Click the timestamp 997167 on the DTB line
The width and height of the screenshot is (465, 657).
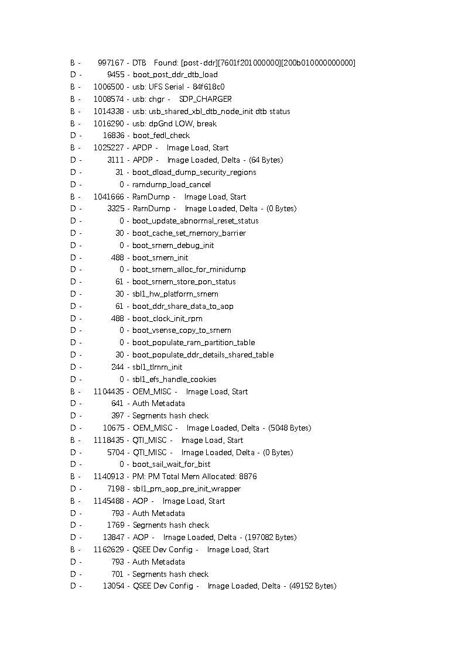pyautogui.click(x=111, y=63)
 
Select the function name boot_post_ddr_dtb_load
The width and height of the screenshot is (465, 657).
pyautogui.click(x=175, y=74)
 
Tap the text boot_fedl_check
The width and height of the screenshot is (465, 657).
pyautogui.click(x=161, y=135)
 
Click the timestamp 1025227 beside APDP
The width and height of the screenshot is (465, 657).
pyautogui.click(x=108, y=147)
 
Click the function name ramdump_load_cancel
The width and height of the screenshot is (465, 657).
pyautogui.click(x=172, y=184)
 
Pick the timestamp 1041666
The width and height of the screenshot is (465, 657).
pyautogui.click(x=108, y=197)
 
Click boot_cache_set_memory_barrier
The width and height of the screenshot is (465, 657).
pyautogui.click(x=189, y=233)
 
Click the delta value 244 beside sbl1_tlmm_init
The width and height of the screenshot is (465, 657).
pyautogui.click(x=117, y=367)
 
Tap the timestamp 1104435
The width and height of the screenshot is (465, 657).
pyautogui.click(x=108, y=391)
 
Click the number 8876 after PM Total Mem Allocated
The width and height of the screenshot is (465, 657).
pyautogui.click(x=248, y=476)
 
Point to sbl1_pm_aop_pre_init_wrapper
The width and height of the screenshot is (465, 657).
pyautogui.click(x=187, y=489)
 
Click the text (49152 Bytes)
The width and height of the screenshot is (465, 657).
pyautogui.click(x=313, y=586)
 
